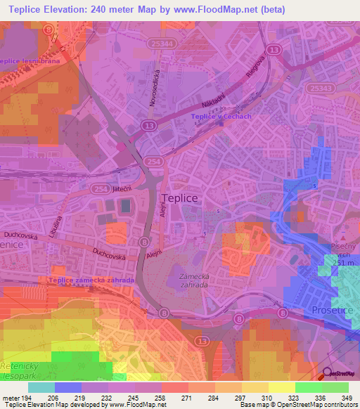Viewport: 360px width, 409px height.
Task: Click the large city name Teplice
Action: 179,199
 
